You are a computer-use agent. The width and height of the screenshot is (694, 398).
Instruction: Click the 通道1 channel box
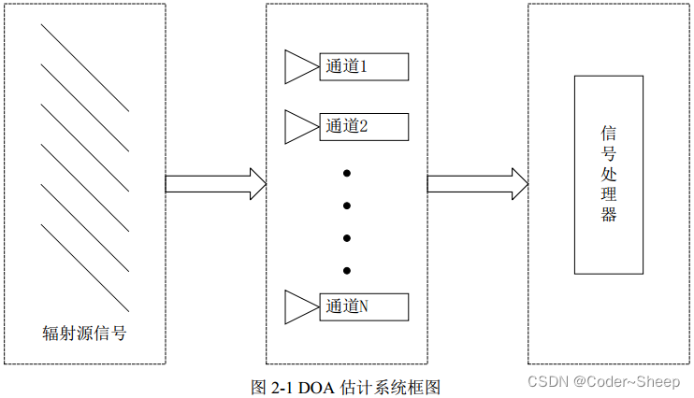point(363,67)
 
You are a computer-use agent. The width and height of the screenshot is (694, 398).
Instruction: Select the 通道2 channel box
point(363,126)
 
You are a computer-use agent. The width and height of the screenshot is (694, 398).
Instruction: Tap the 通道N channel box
point(363,306)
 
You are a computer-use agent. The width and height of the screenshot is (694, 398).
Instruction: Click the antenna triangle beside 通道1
point(300,67)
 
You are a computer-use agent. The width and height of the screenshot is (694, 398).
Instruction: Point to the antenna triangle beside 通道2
point(300,126)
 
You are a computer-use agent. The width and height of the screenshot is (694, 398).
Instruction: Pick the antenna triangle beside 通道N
point(300,306)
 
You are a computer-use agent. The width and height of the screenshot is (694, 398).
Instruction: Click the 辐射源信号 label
point(84,333)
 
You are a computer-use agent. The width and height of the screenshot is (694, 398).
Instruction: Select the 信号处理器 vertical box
point(609,175)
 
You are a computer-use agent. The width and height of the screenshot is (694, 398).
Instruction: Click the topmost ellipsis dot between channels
point(346,173)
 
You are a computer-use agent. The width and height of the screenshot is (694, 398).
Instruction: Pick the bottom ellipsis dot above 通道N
point(346,271)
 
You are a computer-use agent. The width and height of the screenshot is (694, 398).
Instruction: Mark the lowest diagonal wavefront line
point(85,267)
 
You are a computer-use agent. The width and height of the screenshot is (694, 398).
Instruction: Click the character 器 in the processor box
point(609,216)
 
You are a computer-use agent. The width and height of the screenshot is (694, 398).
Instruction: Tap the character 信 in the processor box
point(609,134)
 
